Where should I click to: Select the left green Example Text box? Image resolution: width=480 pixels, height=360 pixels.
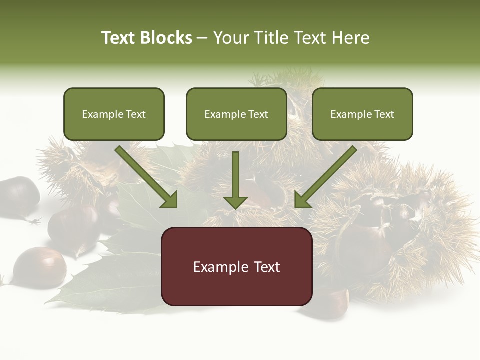pyautogui.click(x=114, y=114)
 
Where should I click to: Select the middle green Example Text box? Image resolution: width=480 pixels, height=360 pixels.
pyautogui.click(x=236, y=114)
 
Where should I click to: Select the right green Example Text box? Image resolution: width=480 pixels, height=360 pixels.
pyautogui.click(x=362, y=114)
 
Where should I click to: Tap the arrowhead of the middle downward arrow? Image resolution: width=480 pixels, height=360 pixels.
pyautogui.click(x=235, y=202)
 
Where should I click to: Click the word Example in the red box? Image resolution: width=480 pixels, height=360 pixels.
pyautogui.click(x=218, y=267)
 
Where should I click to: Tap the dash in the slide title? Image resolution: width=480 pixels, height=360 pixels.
pyautogui.click(x=202, y=38)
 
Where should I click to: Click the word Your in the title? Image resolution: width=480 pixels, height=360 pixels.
pyautogui.click(x=230, y=38)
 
